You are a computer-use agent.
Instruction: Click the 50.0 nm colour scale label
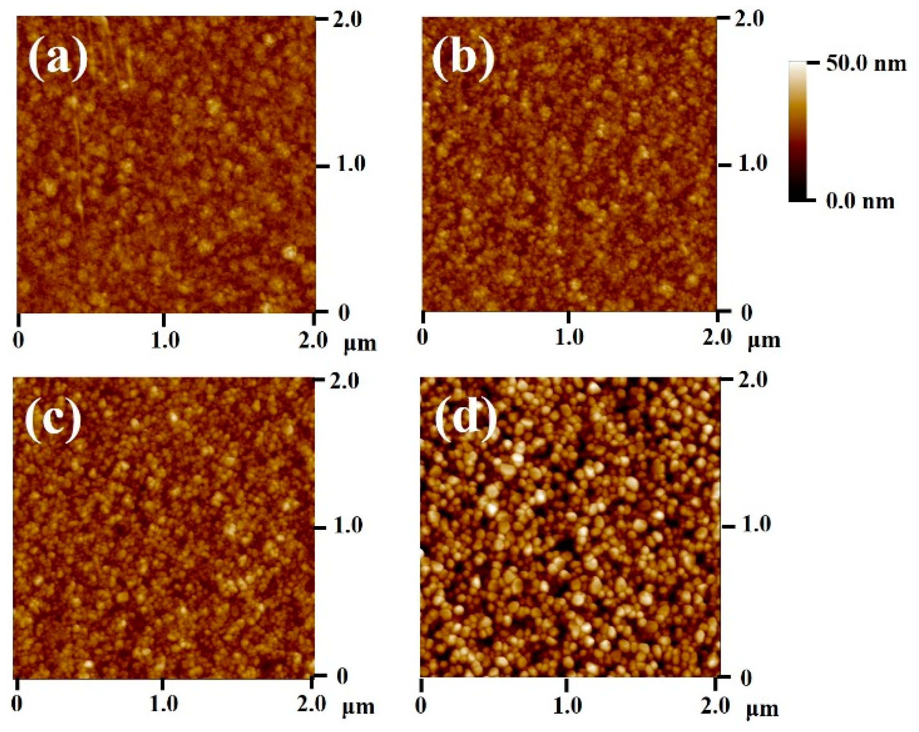coord(866,64)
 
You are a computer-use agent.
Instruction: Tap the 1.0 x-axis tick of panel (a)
coord(165,340)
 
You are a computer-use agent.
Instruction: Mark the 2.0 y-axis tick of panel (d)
coord(754,380)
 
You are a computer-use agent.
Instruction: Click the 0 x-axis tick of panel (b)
coord(422,338)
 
